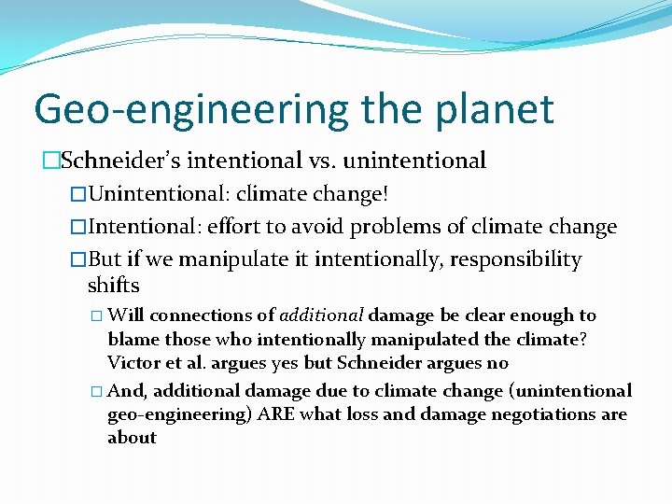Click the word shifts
[113, 285]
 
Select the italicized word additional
[321, 315]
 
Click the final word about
[132, 438]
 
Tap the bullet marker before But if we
[78, 260]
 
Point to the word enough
[543, 315]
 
